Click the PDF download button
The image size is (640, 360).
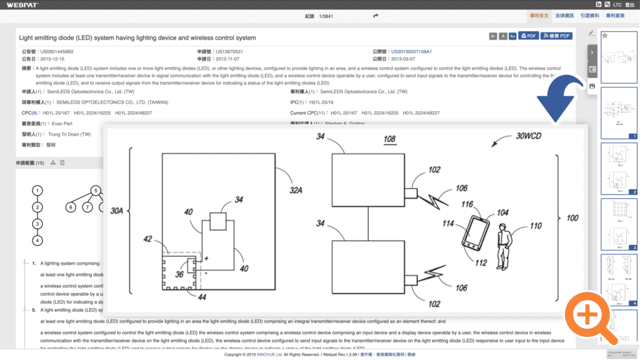[x=529, y=36]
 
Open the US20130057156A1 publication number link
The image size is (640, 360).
[x=411, y=51]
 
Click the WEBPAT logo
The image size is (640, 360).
[x=22, y=4]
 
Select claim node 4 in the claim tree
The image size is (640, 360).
[x=37, y=240]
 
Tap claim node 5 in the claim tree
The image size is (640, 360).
[x=96, y=191]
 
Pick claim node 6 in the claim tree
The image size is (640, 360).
[x=71, y=207]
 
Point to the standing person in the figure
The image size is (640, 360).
[x=503, y=246]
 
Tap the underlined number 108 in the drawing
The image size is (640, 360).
[x=389, y=138]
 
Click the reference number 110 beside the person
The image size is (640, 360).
[x=536, y=226]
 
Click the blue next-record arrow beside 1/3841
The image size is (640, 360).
[x=376, y=16]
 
